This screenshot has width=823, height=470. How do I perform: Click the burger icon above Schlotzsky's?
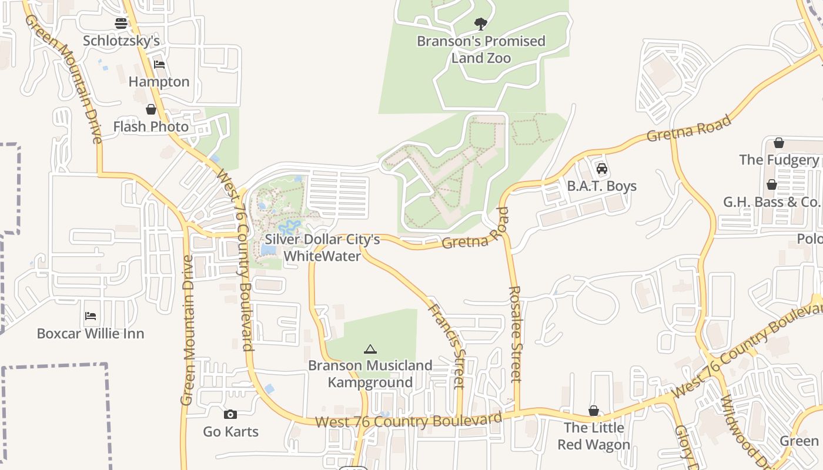121,23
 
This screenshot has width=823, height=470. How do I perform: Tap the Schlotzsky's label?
121,41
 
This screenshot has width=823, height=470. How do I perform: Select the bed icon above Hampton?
159,65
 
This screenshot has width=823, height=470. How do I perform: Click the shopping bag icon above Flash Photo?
151,109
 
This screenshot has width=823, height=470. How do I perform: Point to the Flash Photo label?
151,126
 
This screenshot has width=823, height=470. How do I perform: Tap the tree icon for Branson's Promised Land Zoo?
481,24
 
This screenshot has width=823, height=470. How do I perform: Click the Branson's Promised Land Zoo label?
481,49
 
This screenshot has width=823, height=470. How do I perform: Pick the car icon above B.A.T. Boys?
602,169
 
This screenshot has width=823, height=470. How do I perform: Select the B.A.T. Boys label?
602,186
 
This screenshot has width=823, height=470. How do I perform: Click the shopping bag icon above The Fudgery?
779,143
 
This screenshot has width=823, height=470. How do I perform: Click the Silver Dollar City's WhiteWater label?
322,247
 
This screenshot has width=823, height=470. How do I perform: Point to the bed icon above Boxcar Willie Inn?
91,316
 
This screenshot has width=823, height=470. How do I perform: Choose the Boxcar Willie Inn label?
91,334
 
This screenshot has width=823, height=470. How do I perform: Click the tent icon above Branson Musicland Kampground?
370,350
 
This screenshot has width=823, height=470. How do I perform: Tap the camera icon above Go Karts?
231,415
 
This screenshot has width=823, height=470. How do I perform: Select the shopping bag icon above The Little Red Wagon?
594,411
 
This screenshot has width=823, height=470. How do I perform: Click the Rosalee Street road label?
516,334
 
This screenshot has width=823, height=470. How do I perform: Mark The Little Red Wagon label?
594,436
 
